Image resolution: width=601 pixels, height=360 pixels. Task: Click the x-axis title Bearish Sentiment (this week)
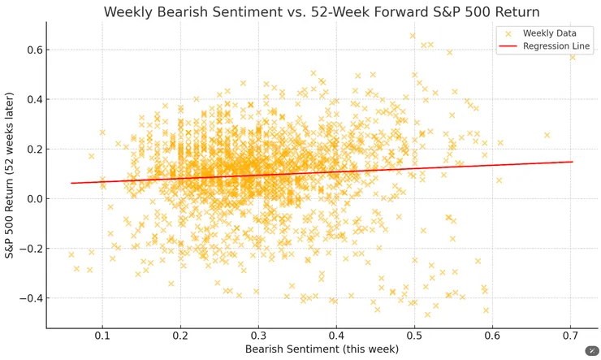click(x=322, y=349)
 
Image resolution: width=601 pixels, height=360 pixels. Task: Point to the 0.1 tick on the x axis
click(x=102, y=335)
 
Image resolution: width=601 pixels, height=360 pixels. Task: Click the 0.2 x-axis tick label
click(x=180, y=335)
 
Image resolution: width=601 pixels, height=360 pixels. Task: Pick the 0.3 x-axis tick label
click(x=258, y=335)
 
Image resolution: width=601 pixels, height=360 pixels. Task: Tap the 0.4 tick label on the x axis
click(x=336, y=335)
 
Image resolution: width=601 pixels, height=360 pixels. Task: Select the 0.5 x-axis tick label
click(x=414, y=335)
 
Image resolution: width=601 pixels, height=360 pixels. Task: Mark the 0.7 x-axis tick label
click(x=570, y=335)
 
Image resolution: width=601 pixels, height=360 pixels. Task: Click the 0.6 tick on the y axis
click(x=33, y=50)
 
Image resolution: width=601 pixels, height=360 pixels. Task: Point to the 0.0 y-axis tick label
click(x=33, y=199)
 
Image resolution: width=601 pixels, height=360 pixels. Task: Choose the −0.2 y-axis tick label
click(x=30, y=249)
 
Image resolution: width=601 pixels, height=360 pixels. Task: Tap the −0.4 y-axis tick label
click(x=30, y=298)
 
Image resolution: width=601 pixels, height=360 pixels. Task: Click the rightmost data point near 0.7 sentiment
click(x=572, y=57)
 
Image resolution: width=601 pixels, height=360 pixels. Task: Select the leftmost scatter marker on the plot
click(x=71, y=254)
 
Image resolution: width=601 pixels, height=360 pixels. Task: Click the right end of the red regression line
click(x=573, y=162)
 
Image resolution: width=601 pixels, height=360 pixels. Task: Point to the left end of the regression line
click(x=71, y=183)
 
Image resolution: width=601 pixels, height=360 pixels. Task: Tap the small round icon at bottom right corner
click(x=591, y=351)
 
